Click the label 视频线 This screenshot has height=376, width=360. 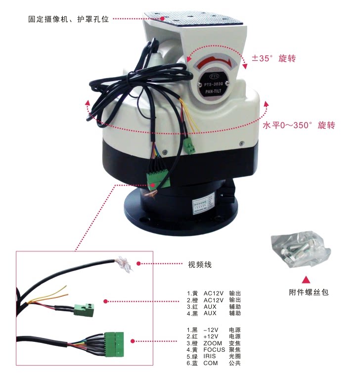200,265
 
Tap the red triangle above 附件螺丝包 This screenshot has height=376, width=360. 307,280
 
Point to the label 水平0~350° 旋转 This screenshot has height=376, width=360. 299,125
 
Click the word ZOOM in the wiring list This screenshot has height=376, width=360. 213,343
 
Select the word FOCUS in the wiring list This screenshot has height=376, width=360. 215,350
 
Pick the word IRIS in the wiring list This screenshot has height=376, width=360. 211,356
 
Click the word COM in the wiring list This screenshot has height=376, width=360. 210,363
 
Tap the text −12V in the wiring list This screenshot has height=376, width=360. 212,329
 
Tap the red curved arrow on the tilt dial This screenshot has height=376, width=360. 213,62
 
